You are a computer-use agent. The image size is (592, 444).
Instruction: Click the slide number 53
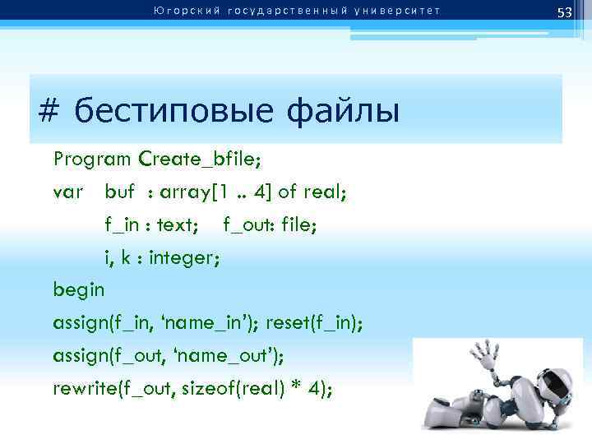pyautogui.click(x=564, y=12)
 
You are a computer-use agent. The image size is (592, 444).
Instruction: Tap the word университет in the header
pyautogui.click(x=399, y=11)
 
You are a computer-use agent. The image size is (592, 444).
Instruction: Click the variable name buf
pyautogui.click(x=119, y=192)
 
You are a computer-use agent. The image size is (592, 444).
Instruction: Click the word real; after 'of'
pyautogui.click(x=326, y=192)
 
